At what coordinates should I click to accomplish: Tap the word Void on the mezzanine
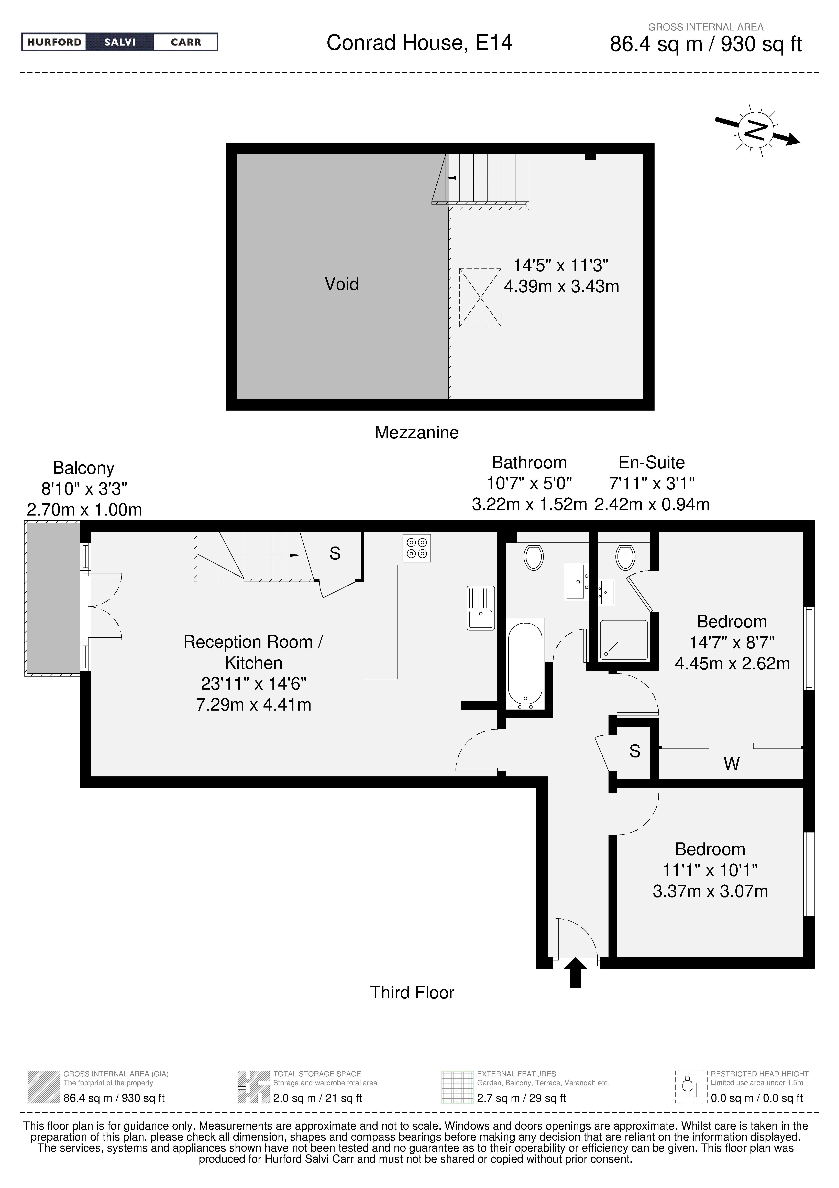click(x=341, y=284)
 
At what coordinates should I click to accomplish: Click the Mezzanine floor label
click(x=416, y=432)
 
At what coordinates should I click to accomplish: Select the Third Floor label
click(x=412, y=992)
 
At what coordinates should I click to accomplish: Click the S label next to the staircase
click(x=335, y=554)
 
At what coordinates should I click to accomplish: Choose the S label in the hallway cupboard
click(x=635, y=751)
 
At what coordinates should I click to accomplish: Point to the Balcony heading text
click(x=83, y=468)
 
